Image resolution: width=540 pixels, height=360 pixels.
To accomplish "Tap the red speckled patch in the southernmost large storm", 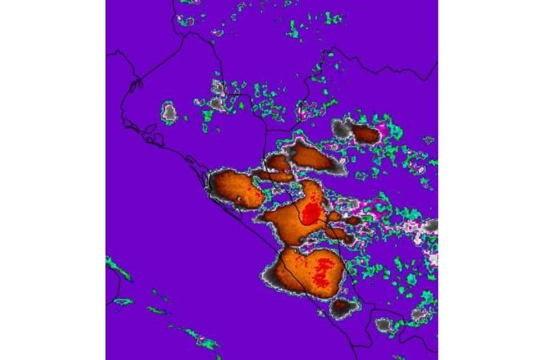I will click(x=323, y=271).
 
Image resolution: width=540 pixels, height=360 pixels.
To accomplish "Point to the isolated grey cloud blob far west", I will click(x=169, y=112).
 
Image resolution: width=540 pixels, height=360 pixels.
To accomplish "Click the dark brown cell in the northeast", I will click(x=366, y=134).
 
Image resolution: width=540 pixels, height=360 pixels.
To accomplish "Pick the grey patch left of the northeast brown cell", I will click(x=343, y=127).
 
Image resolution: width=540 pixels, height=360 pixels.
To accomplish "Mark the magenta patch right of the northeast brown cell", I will click(x=383, y=129).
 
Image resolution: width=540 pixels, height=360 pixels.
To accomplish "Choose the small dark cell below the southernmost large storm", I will click(x=342, y=306).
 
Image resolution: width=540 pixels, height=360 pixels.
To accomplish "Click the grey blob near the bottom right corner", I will click(x=384, y=325).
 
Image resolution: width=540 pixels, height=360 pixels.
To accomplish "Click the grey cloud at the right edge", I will click(x=430, y=226).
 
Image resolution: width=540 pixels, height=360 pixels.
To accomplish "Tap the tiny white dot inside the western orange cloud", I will click(x=240, y=200).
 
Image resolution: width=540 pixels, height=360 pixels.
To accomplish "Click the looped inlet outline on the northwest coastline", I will click(x=136, y=86).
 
